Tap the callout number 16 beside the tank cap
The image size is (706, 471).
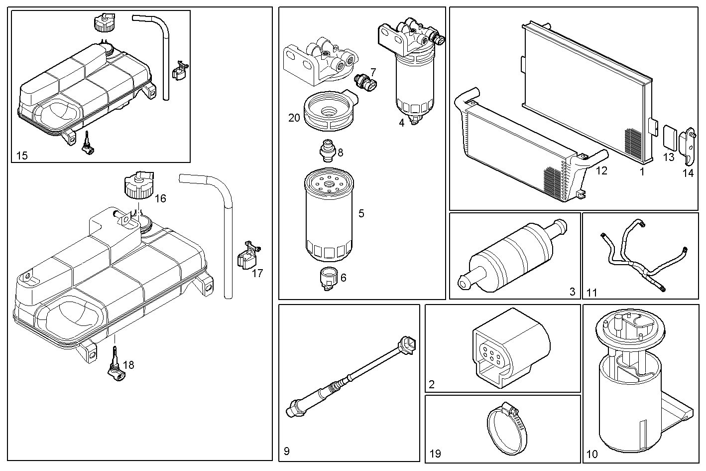click(x=160, y=198)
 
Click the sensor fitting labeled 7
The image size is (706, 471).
click(x=365, y=83)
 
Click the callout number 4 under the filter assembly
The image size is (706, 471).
click(x=401, y=123)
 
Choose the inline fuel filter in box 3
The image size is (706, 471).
click(x=512, y=256)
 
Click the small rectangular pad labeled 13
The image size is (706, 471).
click(x=670, y=138)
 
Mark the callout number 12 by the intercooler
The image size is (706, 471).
click(x=601, y=170)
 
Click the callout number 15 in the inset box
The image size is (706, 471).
click(x=22, y=156)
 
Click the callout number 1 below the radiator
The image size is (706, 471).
click(x=642, y=172)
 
